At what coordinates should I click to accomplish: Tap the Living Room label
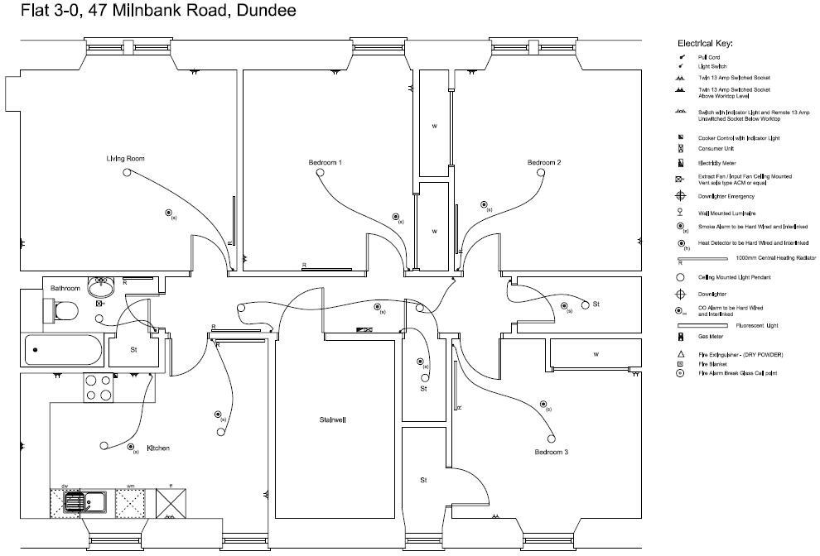pyautogui.click(x=125, y=158)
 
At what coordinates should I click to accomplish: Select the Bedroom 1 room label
pyautogui.click(x=326, y=163)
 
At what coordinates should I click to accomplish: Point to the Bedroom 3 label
pyautogui.click(x=551, y=453)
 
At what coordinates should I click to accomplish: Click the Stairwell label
pyautogui.click(x=333, y=419)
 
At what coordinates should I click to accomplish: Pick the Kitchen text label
pyautogui.click(x=158, y=448)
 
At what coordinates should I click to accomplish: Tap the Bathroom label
pyautogui.click(x=65, y=288)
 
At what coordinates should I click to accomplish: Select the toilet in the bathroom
pyautogui.click(x=61, y=312)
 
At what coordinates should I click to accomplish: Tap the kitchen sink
pyautogui.click(x=85, y=501)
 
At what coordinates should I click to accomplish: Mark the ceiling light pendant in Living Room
pyautogui.click(x=127, y=172)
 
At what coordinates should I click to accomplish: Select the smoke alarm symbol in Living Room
pyautogui.click(x=168, y=213)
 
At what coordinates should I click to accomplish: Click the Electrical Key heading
pyautogui.click(x=705, y=43)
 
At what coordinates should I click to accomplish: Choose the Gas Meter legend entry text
pyautogui.click(x=710, y=338)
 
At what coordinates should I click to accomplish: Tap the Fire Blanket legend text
pyautogui.click(x=712, y=364)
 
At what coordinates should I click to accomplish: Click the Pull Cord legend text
pyautogui.click(x=709, y=57)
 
